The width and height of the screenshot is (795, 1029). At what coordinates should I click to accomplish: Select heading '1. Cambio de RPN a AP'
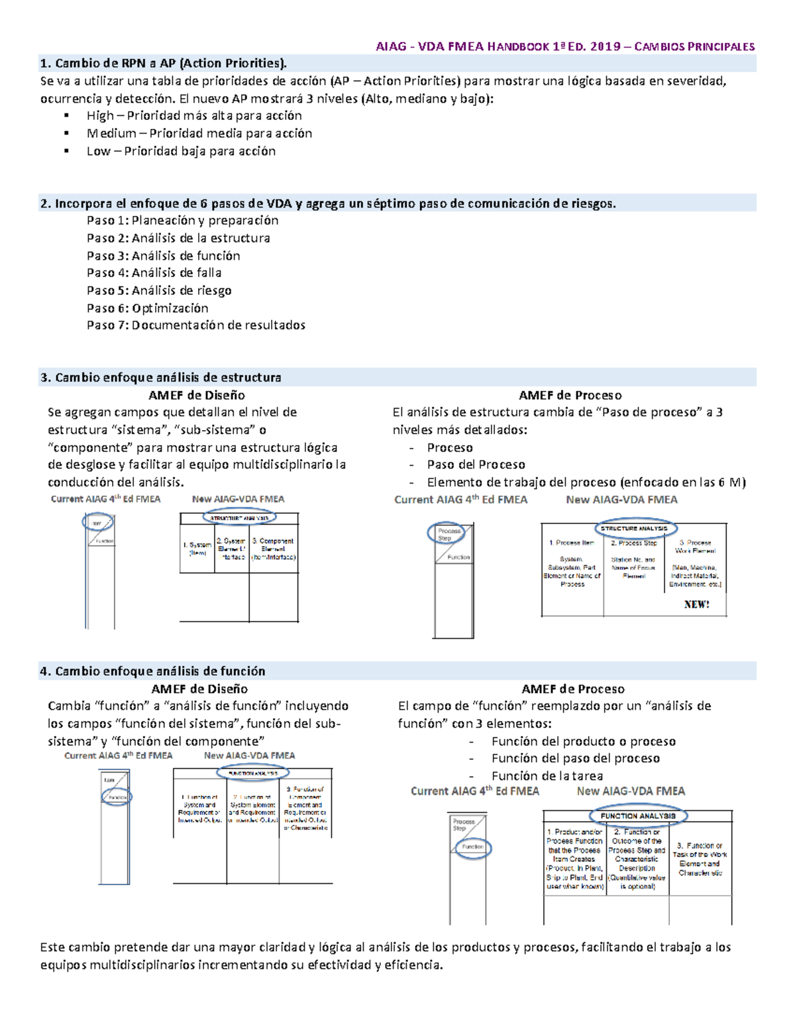tap(164, 64)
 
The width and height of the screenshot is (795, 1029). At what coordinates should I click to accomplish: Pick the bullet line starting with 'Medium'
tap(199, 133)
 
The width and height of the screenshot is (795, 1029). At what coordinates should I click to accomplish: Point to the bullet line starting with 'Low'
tap(181, 151)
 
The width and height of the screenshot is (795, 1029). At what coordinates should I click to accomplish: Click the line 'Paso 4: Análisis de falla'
tap(154, 272)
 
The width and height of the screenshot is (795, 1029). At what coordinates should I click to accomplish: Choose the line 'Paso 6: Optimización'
tap(147, 308)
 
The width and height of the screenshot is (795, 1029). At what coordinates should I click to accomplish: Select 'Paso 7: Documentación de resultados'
tap(195, 325)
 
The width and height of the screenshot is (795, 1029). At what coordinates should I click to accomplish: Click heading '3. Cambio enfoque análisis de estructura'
tap(160, 378)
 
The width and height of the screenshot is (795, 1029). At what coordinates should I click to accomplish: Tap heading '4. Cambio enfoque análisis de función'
tap(152, 671)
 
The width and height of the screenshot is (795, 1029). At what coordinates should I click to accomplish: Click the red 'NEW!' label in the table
tap(696, 604)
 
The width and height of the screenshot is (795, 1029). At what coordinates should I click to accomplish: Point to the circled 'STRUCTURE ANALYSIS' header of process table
tap(634, 528)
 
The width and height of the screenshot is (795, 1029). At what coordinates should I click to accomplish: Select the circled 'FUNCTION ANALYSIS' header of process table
tap(637, 816)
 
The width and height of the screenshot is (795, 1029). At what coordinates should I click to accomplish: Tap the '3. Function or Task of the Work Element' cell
tap(700, 859)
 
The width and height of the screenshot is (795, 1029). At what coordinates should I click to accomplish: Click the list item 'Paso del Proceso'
tap(476, 464)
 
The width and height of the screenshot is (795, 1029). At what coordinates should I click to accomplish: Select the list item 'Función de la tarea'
tap(547, 776)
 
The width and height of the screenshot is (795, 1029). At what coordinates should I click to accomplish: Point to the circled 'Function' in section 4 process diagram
tap(472, 847)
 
